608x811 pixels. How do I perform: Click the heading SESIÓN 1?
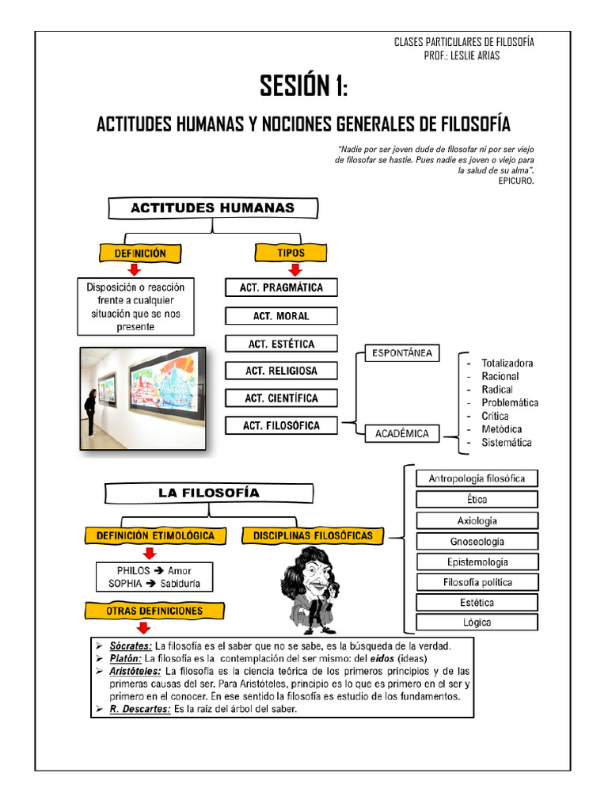(x=304, y=86)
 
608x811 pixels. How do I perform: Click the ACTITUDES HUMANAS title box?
(x=212, y=208)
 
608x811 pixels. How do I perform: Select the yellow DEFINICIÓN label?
(x=140, y=253)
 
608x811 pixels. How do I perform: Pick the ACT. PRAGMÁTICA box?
(x=281, y=288)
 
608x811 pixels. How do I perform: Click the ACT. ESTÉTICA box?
(x=281, y=345)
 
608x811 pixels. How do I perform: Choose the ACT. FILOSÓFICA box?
(x=281, y=426)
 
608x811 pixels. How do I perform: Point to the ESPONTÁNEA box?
(x=402, y=353)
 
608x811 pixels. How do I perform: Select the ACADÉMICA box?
(x=403, y=434)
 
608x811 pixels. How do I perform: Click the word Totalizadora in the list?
(x=507, y=364)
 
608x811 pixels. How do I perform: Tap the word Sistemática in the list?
(x=507, y=443)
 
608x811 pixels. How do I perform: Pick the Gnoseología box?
(x=477, y=543)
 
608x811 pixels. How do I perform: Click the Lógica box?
(x=477, y=623)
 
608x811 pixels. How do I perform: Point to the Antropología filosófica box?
(x=477, y=478)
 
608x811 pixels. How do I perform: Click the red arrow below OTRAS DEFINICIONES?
(x=143, y=628)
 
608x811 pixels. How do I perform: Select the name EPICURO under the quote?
(x=516, y=181)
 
